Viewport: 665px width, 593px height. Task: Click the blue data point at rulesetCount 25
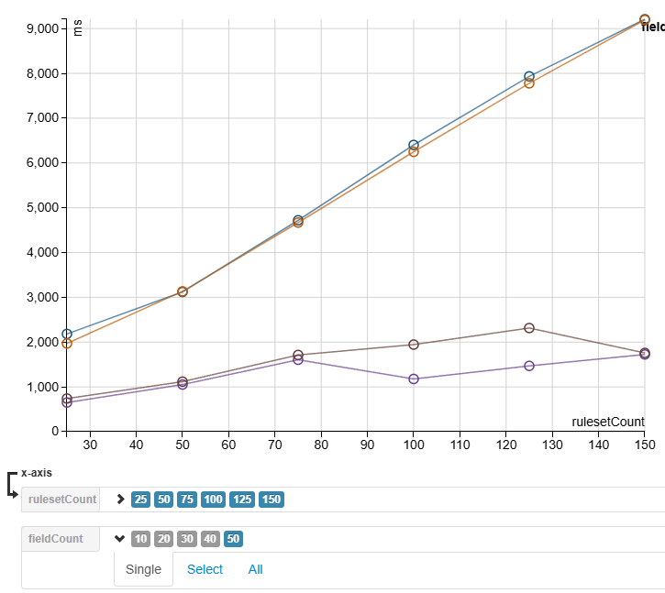click(x=67, y=335)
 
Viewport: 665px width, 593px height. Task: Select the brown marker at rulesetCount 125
click(x=529, y=328)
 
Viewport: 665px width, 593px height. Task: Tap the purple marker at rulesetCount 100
click(x=414, y=379)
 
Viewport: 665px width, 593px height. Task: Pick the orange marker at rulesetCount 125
click(x=529, y=83)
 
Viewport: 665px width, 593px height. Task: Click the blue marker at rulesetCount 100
click(x=414, y=145)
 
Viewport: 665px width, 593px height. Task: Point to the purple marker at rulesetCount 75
click(x=298, y=360)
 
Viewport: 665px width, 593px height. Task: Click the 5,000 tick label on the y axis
click(x=39, y=207)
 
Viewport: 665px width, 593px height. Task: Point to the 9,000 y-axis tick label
click(x=39, y=28)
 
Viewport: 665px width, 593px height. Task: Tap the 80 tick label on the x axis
click(x=321, y=445)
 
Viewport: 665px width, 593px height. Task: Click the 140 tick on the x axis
click(x=598, y=445)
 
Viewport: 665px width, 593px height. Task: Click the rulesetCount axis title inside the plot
click(x=607, y=422)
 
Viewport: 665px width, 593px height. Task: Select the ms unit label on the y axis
click(x=77, y=28)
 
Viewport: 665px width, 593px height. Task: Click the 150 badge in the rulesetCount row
click(x=272, y=500)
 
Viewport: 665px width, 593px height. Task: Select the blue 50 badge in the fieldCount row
click(x=233, y=539)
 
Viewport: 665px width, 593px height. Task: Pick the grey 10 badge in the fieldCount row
click(x=140, y=539)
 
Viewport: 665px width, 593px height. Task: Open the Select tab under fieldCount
click(x=205, y=569)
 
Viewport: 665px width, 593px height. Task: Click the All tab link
click(x=255, y=569)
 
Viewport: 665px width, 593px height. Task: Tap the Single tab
click(x=143, y=569)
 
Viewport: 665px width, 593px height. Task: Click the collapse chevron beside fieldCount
click(x=119, y=539)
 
